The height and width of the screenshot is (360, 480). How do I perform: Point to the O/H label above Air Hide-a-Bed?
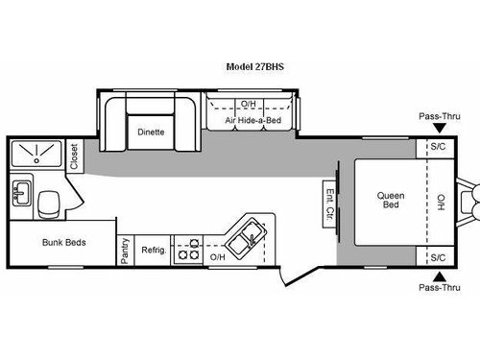249,103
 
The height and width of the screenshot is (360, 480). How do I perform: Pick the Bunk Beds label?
64,242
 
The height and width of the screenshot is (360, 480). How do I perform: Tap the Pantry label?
125,250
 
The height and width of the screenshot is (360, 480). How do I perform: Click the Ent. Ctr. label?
329,202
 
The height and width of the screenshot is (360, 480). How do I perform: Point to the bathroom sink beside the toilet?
21,195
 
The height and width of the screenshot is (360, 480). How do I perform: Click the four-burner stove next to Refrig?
192,249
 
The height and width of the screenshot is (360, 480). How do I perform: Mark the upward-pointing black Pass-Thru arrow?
438,275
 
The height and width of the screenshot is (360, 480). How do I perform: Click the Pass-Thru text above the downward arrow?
436,117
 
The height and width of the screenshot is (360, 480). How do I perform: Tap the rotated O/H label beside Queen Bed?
441,203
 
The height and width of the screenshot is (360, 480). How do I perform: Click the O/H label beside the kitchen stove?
218,256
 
